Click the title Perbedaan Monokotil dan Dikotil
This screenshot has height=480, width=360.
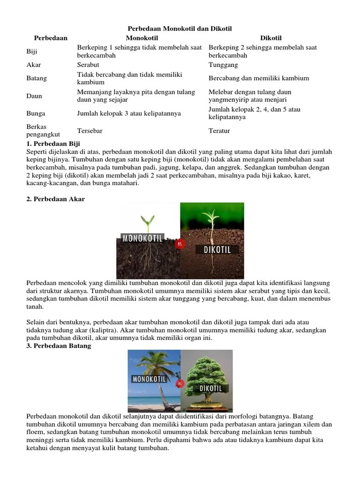(180, 29)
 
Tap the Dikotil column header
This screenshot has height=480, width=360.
(271, 38)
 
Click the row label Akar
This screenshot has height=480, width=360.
(34, 65)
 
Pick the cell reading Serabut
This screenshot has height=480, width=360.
(88, 65)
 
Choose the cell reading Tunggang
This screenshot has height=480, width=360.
(223, 65)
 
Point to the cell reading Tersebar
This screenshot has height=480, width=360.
(90, 131)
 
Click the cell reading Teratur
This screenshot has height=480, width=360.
(219, 131)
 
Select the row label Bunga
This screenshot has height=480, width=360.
(36, 113)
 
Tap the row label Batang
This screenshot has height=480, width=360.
(37, 78)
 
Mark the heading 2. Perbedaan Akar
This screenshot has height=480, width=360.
(56, 199)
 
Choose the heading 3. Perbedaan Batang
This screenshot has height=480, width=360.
(59, 346)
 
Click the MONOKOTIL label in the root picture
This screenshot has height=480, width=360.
(142, 238)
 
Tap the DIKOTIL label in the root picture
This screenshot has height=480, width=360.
(217, 250)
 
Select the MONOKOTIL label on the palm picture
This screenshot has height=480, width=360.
(150, 379)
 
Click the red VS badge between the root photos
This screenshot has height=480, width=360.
(179, 243)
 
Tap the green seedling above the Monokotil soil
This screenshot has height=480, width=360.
(148, 220)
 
